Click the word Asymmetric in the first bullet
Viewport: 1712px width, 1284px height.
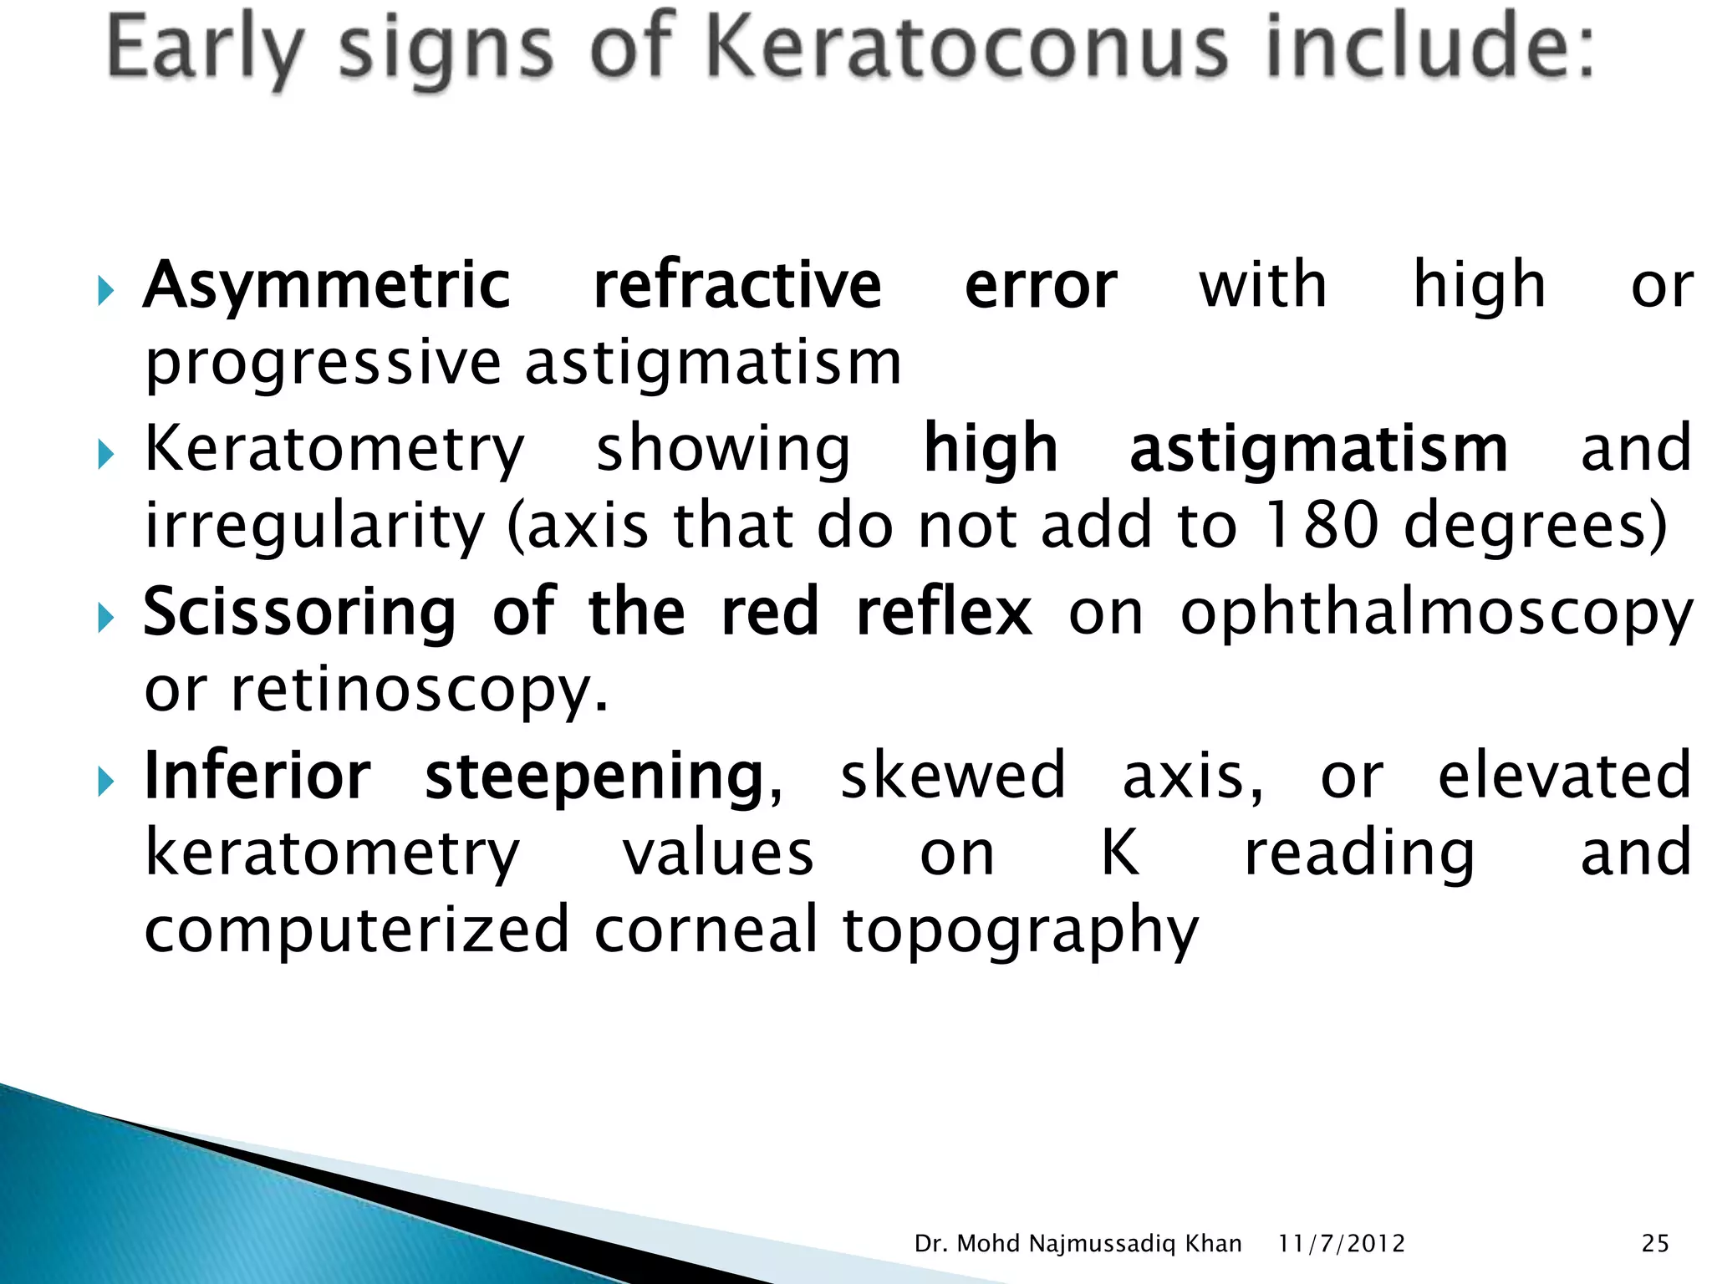pyautogui.click(x=327, y=286)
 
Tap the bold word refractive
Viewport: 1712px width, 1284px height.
pyautogui.click(x=737, y=286)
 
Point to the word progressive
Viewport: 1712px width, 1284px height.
pyautogui.click(x=323, y=364)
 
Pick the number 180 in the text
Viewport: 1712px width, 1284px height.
pyautogui.click(x=1321, y=527)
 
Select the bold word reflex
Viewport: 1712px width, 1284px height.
pyautogui.click(x=945, y=613)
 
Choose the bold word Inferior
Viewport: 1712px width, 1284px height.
pyautogui.click(x=257, y=777)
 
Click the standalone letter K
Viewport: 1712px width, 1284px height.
pyautogui.click(x=1119, y=853)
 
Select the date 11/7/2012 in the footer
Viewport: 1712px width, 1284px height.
pyautogui.click(x=1342, y=1244)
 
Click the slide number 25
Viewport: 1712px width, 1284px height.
pyautogui.click(x=1655, y=1244)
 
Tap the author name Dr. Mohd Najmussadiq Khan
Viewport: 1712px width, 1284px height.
pyautogui.click(x=1078, y=1244)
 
